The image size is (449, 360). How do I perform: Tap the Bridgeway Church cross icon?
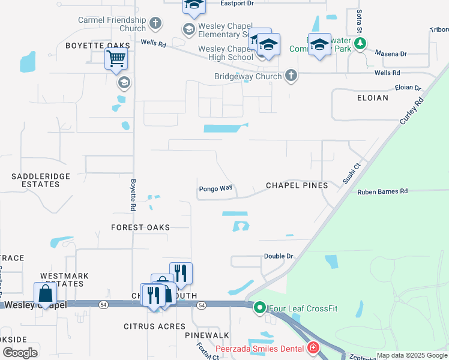pyautogui.click(x=291, y=76)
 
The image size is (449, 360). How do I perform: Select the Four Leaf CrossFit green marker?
pyautogui.click(x=259, y=308)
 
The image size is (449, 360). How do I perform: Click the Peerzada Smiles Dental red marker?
pyautogui.click(x=313, y=347)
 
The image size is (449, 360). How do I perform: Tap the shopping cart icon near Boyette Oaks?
pyautogui.click(x=116, y=59)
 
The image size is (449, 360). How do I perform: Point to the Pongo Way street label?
pyautogui.click(x=215, y=188)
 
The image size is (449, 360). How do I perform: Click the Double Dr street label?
pyautogui.click(x=279, y=256)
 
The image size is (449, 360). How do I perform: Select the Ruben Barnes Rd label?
pyautogui.click(x=382, y=192)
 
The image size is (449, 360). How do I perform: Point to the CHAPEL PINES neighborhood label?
pyautogui.click(x=297, y=185)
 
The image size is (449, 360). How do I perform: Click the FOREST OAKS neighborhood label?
pyautogui.click(x=140, y=227)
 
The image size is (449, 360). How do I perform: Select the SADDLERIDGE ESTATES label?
pyautogui.click(x=41, y=180)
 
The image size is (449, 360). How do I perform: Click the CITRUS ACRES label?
pyautogui.click(x=146, y=326)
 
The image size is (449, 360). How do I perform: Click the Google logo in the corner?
pyautogui.click(x=20, y=353)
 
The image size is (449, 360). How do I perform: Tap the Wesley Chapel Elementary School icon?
pyautogui.click(x=188, y=29)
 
